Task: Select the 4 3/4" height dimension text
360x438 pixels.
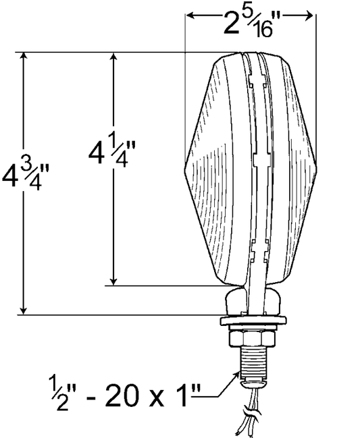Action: click(x=26, y=177)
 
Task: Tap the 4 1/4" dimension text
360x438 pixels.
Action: click(x=112, y=153)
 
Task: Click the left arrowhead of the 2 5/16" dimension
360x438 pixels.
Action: click(x=190, y=16)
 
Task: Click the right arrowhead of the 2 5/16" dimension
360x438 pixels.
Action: click(x=308, y=16)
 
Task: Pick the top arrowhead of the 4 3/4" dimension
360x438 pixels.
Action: click(x=24, y=57)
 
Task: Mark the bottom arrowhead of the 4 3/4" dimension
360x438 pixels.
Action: click(x=24, y=310)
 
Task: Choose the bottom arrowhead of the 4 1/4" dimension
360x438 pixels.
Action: click(x=113, y=281)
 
